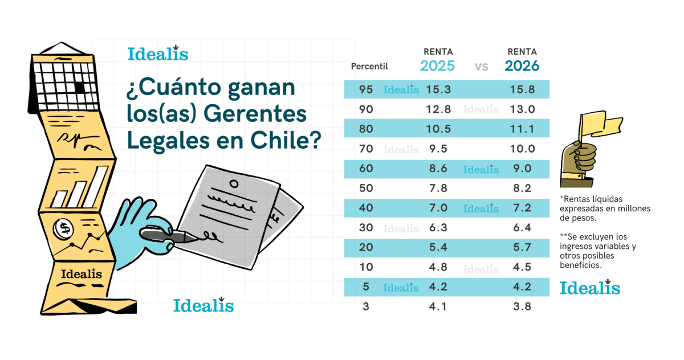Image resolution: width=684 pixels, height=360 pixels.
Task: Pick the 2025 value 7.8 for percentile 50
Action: point(437,189)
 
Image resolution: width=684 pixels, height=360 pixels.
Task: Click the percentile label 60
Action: point(366,169)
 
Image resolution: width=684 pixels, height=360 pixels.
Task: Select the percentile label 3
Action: point(366,306)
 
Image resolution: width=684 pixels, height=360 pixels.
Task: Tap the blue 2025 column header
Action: point(437,66)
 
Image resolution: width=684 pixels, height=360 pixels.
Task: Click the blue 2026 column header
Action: point(522,66)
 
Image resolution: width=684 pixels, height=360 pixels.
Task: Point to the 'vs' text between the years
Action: point(481,67)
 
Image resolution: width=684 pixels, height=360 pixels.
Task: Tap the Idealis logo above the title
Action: point(157,54)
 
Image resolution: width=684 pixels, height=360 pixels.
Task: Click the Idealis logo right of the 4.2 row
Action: point(589,288)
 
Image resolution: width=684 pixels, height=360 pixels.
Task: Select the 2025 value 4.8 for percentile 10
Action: point(437,267)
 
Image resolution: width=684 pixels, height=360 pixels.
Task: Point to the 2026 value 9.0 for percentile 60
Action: point(522,169)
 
